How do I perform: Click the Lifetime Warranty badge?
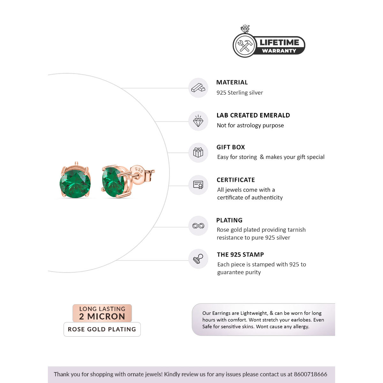click(269, 46)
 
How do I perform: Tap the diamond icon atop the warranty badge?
click(245, 29)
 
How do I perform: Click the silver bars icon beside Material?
click(198, 88)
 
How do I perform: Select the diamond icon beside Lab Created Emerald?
click(198, 121)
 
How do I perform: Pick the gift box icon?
click(198, 153)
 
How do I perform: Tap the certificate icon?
click(198, 185)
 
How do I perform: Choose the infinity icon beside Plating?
click(198, 226)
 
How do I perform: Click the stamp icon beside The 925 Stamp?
click(198, 259)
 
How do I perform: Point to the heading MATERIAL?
click(232, 82)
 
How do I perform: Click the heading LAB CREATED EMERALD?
click(253, 115)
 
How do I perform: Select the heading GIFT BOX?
click(231, 147)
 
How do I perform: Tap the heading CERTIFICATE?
click(236, 180)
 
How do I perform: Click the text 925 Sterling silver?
click(240, 93)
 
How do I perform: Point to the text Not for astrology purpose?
click(250, 125)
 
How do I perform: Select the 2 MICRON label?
click(102, 317)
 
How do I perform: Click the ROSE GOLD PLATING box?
click(102, 329)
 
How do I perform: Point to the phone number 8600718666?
click(311, 374)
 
